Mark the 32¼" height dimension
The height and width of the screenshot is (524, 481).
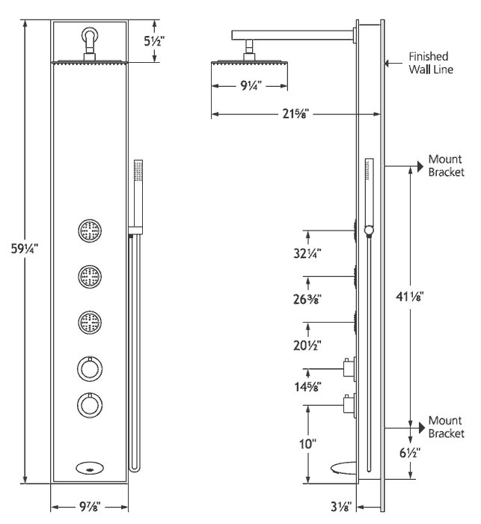coord(307,253)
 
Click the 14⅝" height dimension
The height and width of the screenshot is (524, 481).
coord(307,389)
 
